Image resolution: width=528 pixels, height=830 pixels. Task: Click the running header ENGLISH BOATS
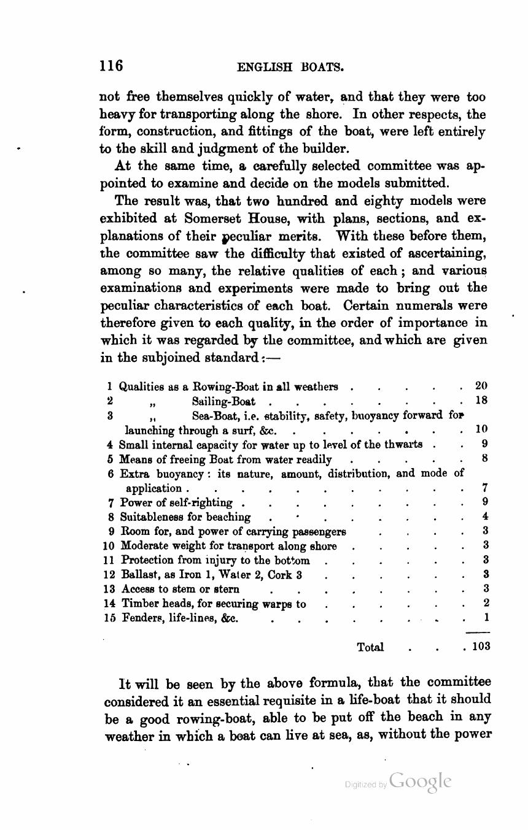(290, 67)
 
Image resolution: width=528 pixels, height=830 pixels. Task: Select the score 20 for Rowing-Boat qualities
(481, 386)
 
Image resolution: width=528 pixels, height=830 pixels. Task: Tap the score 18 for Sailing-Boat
(481, 401)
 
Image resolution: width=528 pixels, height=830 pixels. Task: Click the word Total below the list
(370, 647)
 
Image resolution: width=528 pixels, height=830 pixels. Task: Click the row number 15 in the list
(110, 618)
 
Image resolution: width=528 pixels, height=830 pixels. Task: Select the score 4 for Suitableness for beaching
(485, 517)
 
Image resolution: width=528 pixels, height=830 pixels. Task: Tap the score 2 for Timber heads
(485, 603)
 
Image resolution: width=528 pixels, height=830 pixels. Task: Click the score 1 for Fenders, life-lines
(485, 617)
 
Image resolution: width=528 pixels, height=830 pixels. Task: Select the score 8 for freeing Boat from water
(485, 458)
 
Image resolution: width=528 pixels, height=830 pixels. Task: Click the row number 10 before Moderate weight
(110, 545)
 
